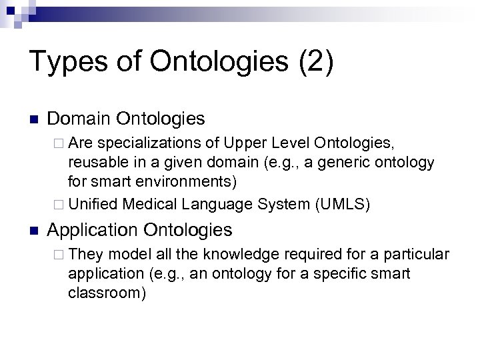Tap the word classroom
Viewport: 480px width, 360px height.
click(106, 294)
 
